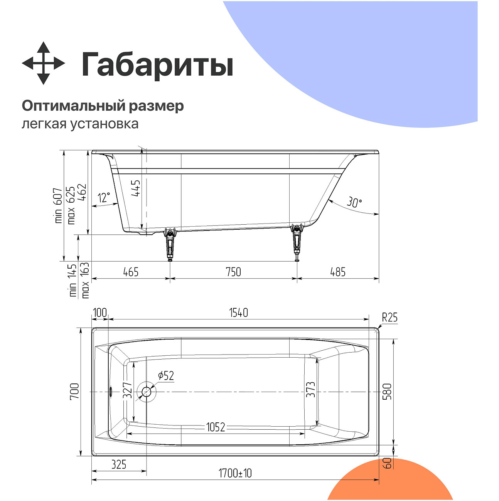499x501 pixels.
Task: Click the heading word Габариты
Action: tap(157, 64)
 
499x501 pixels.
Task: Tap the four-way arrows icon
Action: tap(43, 63)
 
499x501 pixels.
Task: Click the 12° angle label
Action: tap(104, 198)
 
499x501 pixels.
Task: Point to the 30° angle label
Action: tap(354, 202)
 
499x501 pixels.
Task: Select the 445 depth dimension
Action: tap(136, 188)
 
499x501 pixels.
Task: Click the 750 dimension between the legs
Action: tap(233, 272)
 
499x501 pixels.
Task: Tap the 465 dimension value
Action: tap(131, 272)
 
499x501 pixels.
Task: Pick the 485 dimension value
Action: tap(338, 272)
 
